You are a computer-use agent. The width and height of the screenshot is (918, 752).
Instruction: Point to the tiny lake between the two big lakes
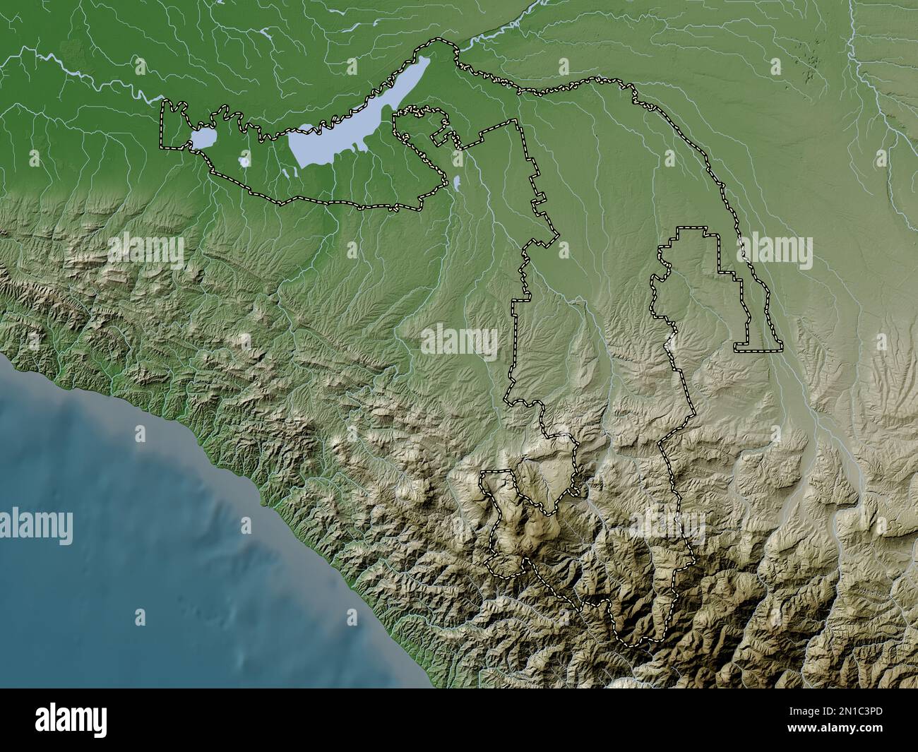tap(244, 162)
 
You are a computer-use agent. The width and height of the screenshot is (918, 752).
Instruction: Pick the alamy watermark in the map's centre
tap(459, 341)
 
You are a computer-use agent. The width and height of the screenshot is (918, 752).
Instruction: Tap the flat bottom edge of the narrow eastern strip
tap(758, 350)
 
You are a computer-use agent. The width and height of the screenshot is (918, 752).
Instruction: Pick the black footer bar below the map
tap(459, 720)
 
